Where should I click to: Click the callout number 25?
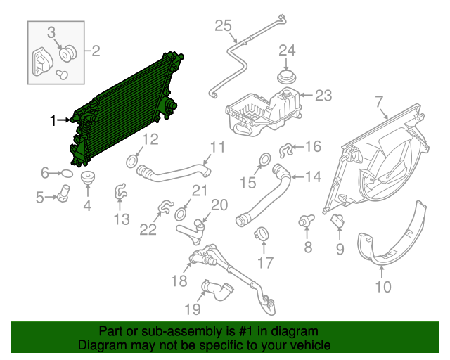pyautogui.click(x=223, y=27)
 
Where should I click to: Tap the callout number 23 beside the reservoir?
pyautogui.click(x=323, y=96)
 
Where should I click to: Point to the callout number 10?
pyautogui.click(x=382, y=286)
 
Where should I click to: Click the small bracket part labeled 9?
pyautogui.click(x=337, y=221)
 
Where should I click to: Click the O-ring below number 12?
pyautogui.click(x=131, y=163)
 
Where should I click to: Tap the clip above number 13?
pyautogui.click(x=120, y=190)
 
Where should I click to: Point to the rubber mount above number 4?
pyautogui.click(x=87, y=177)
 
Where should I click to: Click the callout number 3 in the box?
pyautogui.click(x=52, y=32)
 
